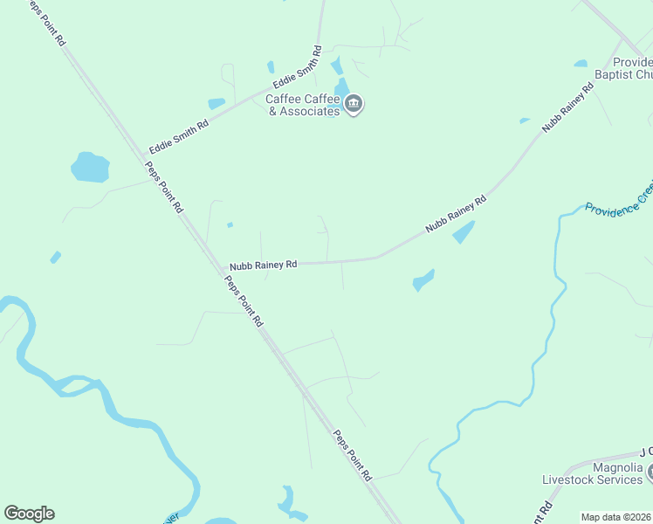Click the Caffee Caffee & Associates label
(x=302, y=106)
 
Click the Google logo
(x=29, y=514)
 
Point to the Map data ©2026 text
(x=616, y=517)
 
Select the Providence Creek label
(x=618, y=200)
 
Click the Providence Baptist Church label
(x=631, y=68)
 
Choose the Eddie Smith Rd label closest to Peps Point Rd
(x=178, y=135)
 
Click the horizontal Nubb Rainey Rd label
(x=264, y=265)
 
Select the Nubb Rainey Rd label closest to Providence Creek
(x=455, y=214)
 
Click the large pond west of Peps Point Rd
(x=89, y=167)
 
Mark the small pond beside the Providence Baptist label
(x=581, y=63)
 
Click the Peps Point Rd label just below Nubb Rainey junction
(x=244, y=300)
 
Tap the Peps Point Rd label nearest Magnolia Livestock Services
(x=353, y=455)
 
